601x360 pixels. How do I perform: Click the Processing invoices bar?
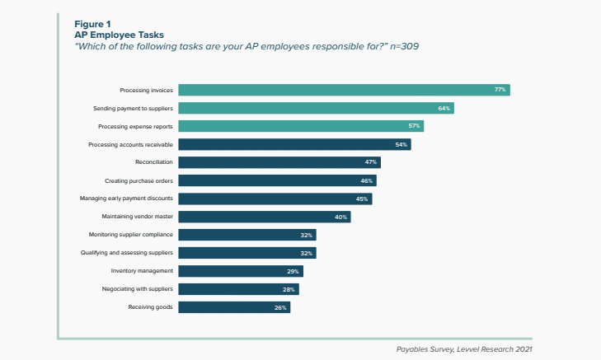(x=344, y=90)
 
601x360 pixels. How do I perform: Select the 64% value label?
(x=444, y=108)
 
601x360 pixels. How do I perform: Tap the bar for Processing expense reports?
(x=300, y=126)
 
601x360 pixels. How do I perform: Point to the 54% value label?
(x=401, y=144)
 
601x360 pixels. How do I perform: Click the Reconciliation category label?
(x=154, y=162)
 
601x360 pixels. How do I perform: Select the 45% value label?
(x=362, y=199)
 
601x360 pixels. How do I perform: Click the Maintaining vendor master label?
(x=138, y=217)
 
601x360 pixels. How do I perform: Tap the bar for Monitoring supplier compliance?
(x=247, y=235)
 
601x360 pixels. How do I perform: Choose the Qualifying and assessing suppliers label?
(x=126, y=253)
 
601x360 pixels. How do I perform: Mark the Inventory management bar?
(x=241, y=271)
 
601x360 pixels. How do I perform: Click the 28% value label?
(x=289, y=289)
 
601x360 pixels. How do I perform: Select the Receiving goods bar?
(x=234, y=307)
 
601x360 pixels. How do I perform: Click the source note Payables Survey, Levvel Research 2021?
(x=464, y=348)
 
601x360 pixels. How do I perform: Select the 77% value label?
(x=500, y=90)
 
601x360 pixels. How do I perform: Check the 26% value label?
(x=280, y=307)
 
